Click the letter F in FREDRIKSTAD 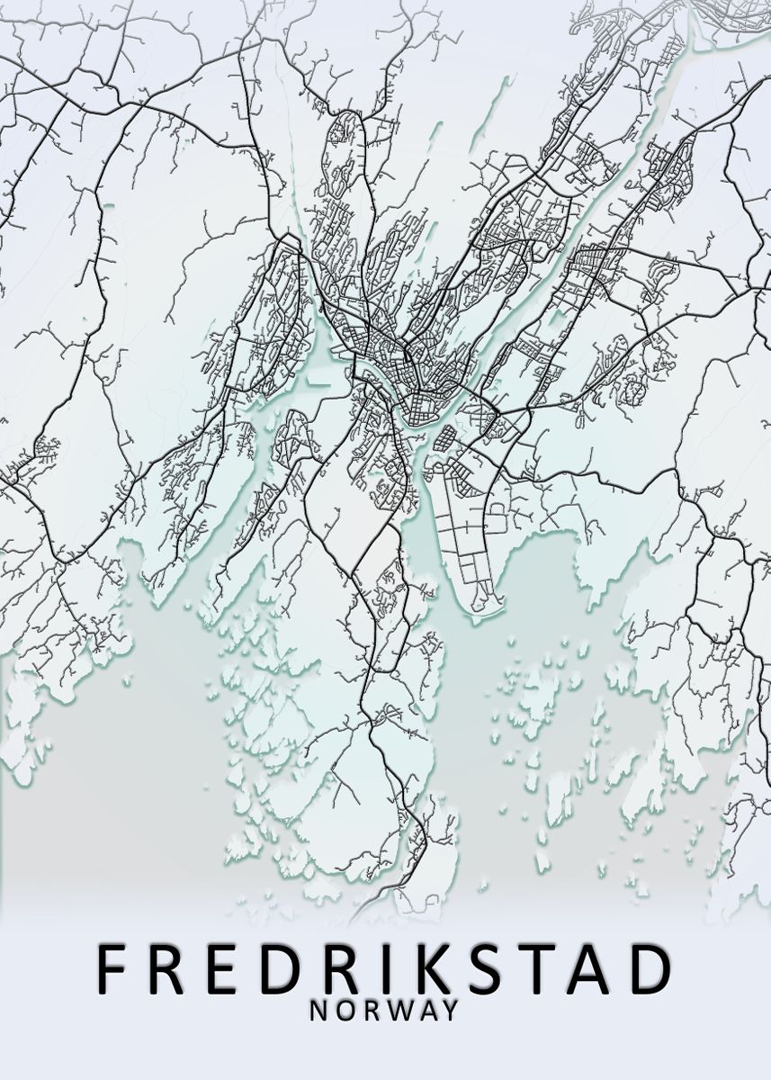(x=112, y=967)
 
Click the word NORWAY (x=384, y=1011)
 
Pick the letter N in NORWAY (x=318, y=1011)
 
